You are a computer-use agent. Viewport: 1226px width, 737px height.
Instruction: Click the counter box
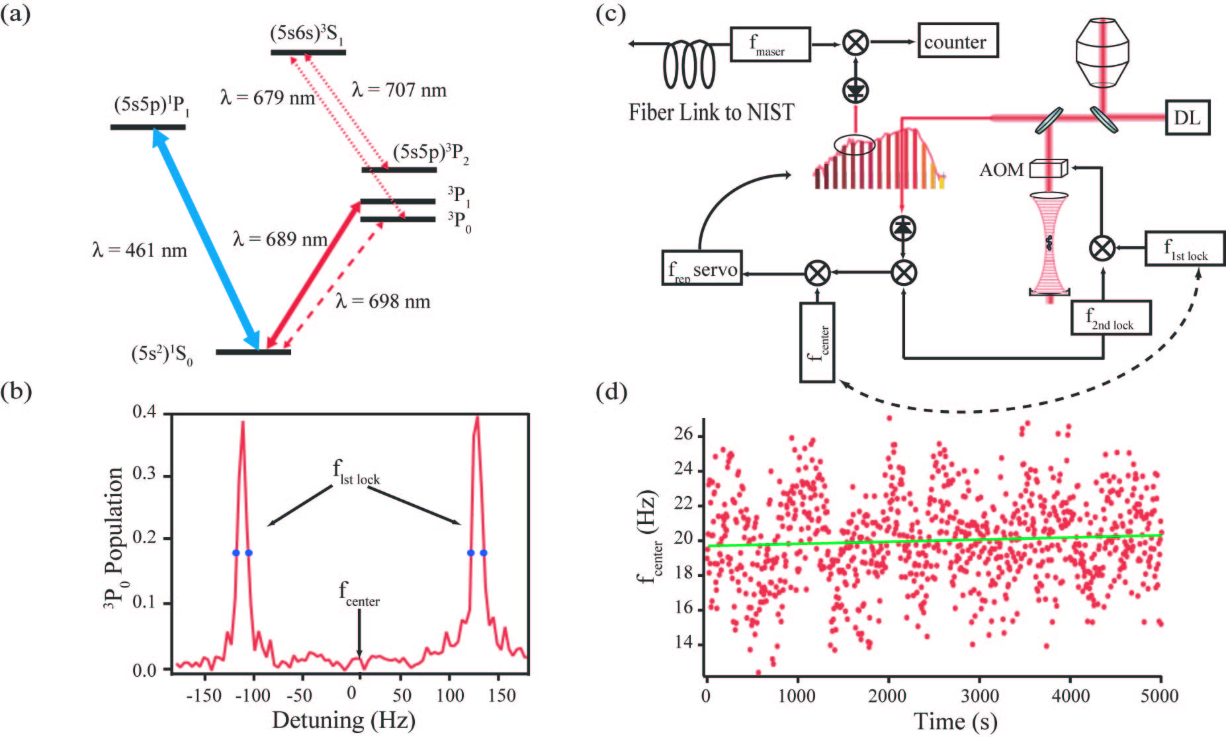pos(957,41)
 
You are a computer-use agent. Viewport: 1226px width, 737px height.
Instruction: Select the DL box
pos(1187,118)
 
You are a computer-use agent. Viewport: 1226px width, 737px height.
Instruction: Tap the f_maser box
pos(769,44)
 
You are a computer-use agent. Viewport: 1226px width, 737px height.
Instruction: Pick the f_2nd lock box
pos(1110,318)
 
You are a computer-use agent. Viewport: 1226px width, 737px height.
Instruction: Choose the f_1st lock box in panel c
pos(1184,249)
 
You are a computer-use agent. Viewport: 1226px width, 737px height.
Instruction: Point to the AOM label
pos(1001,170)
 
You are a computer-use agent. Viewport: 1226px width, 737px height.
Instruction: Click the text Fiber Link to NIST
pos(711,112)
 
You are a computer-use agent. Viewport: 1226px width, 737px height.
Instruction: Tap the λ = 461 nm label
pos(140,250)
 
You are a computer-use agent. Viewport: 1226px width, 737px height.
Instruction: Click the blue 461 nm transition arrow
pos(206,238)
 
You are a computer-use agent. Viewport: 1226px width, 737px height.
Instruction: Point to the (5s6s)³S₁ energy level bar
pos(308,52)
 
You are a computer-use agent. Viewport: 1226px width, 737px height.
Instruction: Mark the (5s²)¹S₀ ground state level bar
pos(253,351)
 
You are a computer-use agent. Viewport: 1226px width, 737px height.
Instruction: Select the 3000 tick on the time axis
pos(979,696)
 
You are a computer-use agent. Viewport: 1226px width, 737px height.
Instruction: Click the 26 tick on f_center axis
pos(683,435)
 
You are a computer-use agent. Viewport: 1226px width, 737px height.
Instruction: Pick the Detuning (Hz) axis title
pos(343,720)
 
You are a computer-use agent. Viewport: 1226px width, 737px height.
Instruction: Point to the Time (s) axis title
pos(955,721)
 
